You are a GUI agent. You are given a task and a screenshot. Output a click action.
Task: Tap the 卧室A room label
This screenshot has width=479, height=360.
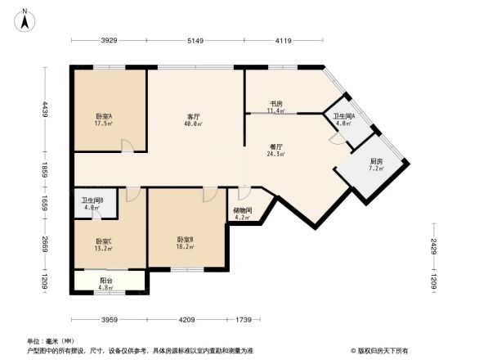[104, 119]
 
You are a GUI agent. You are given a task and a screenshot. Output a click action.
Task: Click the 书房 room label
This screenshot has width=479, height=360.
[276, 108]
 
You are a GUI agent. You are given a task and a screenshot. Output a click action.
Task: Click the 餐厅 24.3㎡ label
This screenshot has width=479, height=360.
[275, 150]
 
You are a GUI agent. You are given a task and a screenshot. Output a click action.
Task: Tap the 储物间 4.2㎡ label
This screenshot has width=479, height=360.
[243, 213]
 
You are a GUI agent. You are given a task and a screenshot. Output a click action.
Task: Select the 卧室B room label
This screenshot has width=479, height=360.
[185, 242]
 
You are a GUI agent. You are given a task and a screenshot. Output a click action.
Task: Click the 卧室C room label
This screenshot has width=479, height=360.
[103, 245]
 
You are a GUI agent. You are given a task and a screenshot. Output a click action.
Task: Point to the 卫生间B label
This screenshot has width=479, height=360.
[92, 204]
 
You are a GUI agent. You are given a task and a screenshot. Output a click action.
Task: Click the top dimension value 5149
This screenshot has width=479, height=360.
[195, 40]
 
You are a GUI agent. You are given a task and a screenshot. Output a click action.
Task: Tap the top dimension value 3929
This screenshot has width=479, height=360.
[110, 40]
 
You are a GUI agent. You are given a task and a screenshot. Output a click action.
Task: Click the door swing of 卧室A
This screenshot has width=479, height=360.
[128, 146]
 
